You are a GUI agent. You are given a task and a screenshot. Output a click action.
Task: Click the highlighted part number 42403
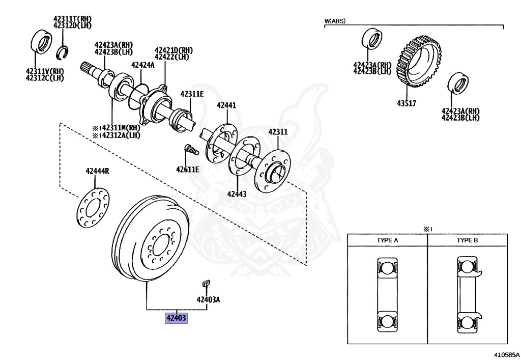click(176, 318)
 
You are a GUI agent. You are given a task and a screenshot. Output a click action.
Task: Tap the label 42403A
click(208, 299)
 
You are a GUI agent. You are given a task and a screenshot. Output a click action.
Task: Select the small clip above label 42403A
click(206, 283)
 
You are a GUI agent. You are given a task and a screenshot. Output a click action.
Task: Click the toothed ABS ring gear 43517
click(419, 61)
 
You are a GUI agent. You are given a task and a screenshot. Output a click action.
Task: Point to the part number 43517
click(407, 103)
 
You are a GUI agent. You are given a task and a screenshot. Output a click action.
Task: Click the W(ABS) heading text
click(335, 21)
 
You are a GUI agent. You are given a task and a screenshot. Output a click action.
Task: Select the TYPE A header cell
click(387, 240)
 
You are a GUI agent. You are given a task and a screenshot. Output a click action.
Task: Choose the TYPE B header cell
click(467, 240)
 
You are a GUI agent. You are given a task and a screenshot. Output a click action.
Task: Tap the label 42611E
click(188, 170)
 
